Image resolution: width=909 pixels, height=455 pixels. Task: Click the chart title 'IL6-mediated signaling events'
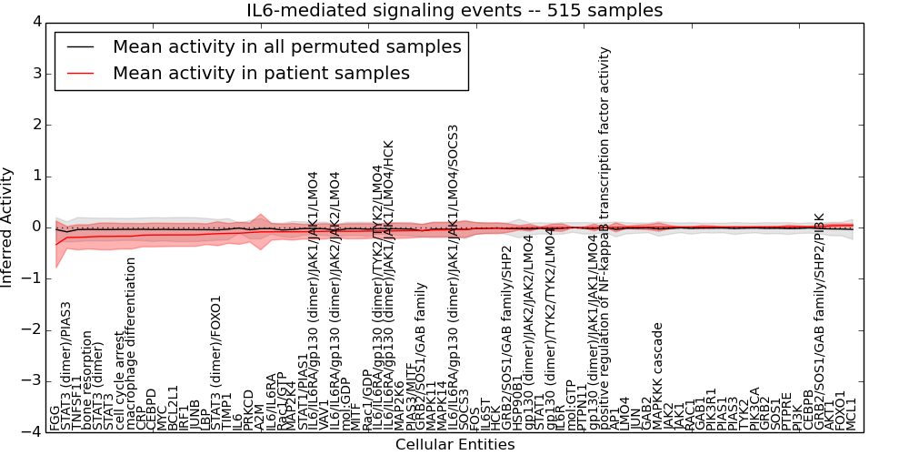(454, 11)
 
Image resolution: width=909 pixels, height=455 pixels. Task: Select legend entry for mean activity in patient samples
(261, 73)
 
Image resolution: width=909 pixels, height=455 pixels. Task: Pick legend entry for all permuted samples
(286, 46)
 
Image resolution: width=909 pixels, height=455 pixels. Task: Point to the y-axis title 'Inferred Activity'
(8, 227)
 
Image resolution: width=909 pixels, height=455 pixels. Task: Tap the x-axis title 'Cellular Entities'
(454, 445)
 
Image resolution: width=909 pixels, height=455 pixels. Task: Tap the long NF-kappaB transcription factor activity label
(604, 238)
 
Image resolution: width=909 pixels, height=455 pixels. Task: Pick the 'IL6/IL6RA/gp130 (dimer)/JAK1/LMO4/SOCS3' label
(453, 276)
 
